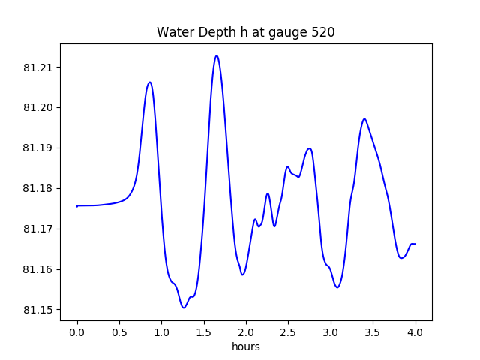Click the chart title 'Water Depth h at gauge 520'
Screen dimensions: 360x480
click(245, 32)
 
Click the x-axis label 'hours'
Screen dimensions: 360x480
click(246, 347)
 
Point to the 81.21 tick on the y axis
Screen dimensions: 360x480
click(39, 67)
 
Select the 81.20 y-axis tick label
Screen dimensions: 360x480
click(39, 108)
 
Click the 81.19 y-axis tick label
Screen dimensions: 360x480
click(39, 148)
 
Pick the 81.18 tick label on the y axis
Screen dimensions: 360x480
click(39, 188)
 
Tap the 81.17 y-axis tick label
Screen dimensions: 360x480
click(39, 229)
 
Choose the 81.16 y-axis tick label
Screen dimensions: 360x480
click(39, 269)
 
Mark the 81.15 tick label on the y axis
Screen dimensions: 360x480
click(39, 310)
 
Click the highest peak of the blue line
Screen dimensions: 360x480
click(217, 55)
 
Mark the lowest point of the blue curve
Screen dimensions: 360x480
click(184, 307)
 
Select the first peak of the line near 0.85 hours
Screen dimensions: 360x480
click(150, 82)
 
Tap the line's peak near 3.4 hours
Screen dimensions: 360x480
click(364, 118)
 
